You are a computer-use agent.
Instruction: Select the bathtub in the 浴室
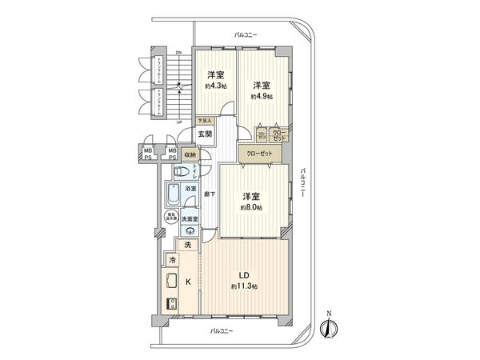(173, 194)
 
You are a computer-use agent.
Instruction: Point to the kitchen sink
(171, 281)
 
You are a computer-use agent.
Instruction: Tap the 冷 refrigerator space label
(171, 261)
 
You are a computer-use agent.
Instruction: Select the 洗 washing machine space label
(188, 245)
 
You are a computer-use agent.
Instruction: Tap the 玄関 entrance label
(204, 134)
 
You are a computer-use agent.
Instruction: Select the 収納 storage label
(190, 155)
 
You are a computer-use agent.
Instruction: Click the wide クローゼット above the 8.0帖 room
(258, 152)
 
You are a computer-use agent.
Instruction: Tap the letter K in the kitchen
(189, 281)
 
